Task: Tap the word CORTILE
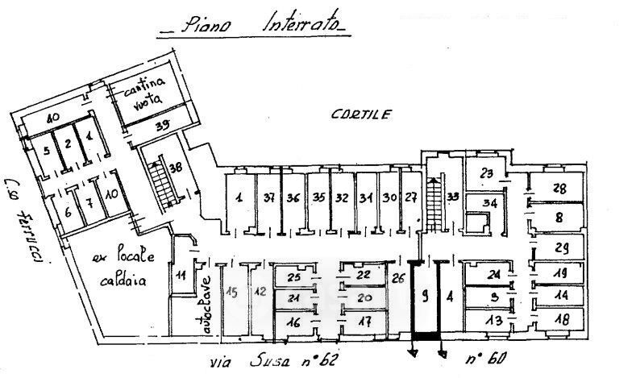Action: [x=360, y=114]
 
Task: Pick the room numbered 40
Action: [x=54, y=118]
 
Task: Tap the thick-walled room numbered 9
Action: [x=423, y=295]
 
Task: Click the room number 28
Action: [x=558, y=188]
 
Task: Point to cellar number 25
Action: [x=294, y=278]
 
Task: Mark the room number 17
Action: [x=365, y=322]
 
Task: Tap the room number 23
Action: [x=486, y=172]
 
